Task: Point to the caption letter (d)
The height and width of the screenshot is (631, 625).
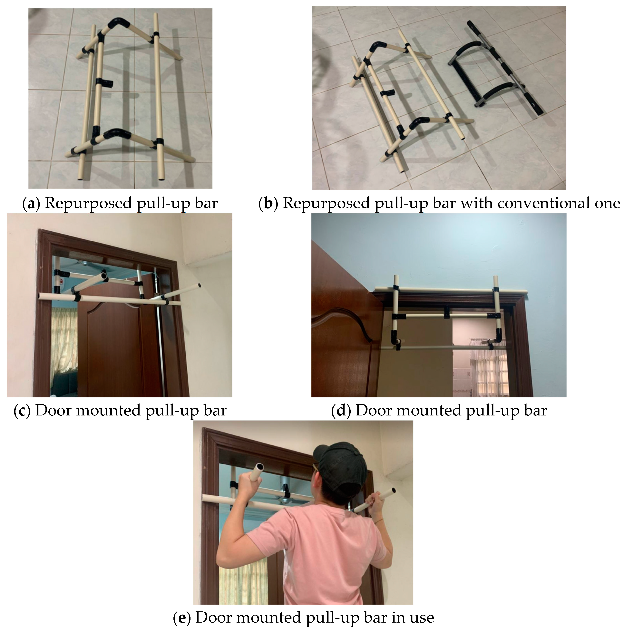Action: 341,410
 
